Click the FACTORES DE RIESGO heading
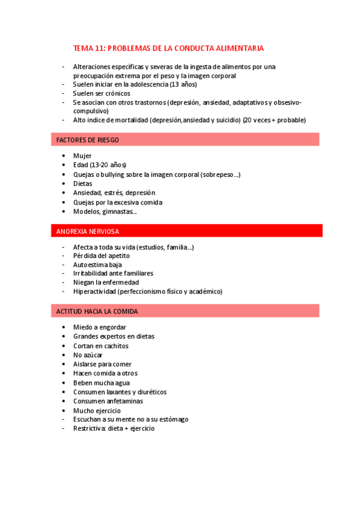(x=87, y=140)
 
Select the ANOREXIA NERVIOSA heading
(x=87, y=231)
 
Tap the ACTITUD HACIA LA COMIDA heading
(x=97, y=311)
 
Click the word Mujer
(x=82, y=156)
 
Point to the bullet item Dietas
(x=83, y=183)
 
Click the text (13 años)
(x=184, y=85)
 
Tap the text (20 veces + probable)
(x=273, y=120)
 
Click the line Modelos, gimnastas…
(x=105, y=211)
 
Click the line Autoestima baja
(x=97, y=264)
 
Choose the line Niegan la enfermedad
(x=106, y=282)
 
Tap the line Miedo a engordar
(x=99, y=327)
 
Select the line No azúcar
(x=88, y=355)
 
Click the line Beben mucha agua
(x=101, y=382)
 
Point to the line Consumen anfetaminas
(x=108, y=401)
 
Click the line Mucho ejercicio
(x=97, y=410)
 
